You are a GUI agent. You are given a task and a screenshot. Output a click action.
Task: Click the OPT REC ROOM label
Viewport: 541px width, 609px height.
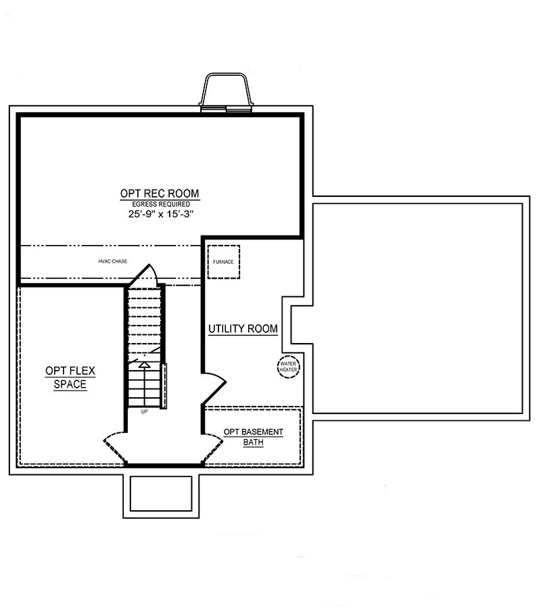point(160,194)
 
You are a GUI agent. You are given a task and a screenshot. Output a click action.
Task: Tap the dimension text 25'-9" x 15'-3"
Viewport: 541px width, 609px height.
point(160,213)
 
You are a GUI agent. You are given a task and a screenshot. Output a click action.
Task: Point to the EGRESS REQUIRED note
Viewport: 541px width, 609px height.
point(160,204)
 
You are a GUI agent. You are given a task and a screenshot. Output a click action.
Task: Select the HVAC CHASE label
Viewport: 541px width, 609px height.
point(112,261)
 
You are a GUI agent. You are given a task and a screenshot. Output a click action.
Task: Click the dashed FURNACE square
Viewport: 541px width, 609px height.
point(223,261)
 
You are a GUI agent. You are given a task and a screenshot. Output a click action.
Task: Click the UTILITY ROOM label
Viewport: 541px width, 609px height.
point(243,329)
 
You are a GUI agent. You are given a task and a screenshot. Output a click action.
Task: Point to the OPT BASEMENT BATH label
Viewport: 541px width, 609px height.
point(254,437)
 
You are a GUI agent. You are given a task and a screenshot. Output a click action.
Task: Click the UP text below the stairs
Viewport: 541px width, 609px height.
point(144,411)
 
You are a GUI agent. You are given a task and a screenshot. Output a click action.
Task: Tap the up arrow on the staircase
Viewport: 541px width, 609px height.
point(144,366)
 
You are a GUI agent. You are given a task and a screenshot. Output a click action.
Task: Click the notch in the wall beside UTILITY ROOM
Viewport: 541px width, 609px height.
point(297,325)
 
